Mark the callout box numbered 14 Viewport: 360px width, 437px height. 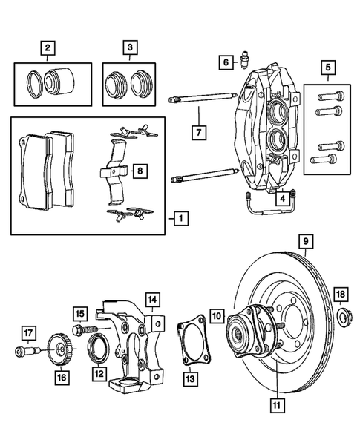coord(151,300)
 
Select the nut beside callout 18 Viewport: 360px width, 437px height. coord(344,319)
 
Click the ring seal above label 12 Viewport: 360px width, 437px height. coord(98,346)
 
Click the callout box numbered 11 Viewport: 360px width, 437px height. coord(277,405)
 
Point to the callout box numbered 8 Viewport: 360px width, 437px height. coord(139,171)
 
